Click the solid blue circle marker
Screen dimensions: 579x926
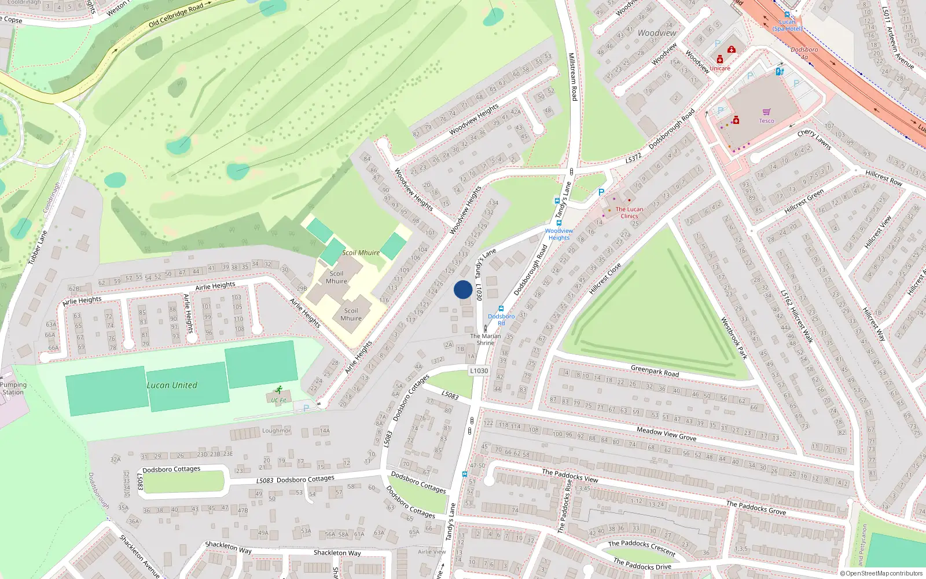click(x=462, y=289)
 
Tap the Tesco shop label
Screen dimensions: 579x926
click(x=766, y=121)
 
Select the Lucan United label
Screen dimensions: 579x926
click(x=172, y=385)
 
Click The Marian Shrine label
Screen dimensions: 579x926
click(x=486, y=339)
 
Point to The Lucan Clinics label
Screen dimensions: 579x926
click(x=629, y=212)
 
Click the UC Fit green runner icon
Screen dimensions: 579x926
click(x=279, y=390)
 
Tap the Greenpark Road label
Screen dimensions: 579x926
click(x=655, y=371)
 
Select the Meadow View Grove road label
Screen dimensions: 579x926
click(x=666, y=434)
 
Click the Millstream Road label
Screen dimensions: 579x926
click(x=572, y=76)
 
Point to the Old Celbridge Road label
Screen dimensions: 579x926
click(x=176, y=16)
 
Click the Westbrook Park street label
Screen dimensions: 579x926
click(x=734, y=338)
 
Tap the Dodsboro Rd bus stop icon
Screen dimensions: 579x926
click(x=501, y=309)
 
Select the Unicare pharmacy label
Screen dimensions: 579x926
click(x=720, y=68)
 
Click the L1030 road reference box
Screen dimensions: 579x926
click(x=479, y=371)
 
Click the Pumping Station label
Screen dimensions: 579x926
click(x=13, y=389)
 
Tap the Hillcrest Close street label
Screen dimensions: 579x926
click(x=605, y=278)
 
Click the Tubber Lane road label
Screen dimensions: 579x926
click(x=38, y=248)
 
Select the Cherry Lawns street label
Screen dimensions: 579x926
click(x=814, y=140)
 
